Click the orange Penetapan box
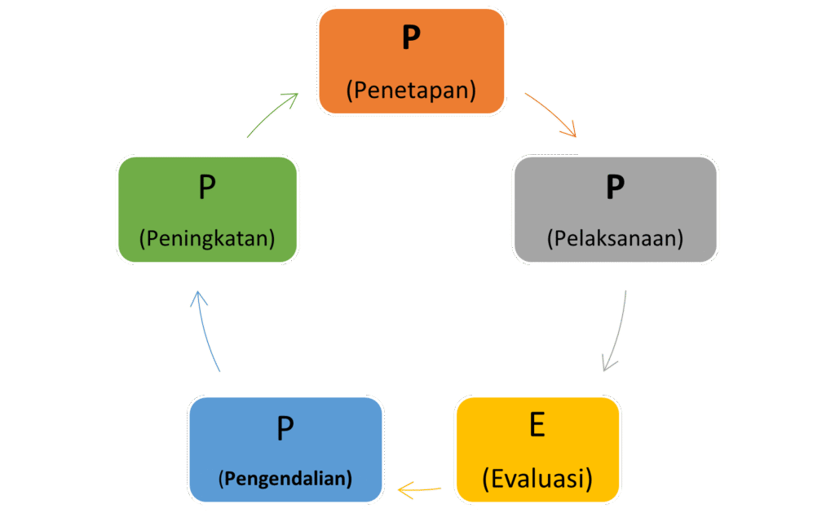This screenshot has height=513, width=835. (411, 61)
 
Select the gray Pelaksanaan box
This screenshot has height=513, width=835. (615, 210)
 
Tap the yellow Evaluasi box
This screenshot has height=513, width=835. (537, 449)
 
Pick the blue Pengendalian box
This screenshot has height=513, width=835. (285, 449)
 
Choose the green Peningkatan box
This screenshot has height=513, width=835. (207, 210)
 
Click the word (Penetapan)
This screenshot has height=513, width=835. (411, 90)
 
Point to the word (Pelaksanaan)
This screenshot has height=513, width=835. (615, 239)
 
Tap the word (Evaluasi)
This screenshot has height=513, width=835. (537, 478)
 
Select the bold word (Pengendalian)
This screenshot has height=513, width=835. (285, 478)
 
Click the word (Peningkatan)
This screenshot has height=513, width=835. (207, 239)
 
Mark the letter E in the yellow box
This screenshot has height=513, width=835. (537, 426)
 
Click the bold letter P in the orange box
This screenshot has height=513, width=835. (411, 39)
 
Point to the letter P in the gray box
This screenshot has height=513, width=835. (615, 188)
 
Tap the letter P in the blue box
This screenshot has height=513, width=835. (285, 427)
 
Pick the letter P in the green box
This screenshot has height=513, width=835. (207, 188)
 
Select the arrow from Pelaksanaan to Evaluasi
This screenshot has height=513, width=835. (617, 330)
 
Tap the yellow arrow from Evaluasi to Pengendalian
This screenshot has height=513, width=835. (419, 490)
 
